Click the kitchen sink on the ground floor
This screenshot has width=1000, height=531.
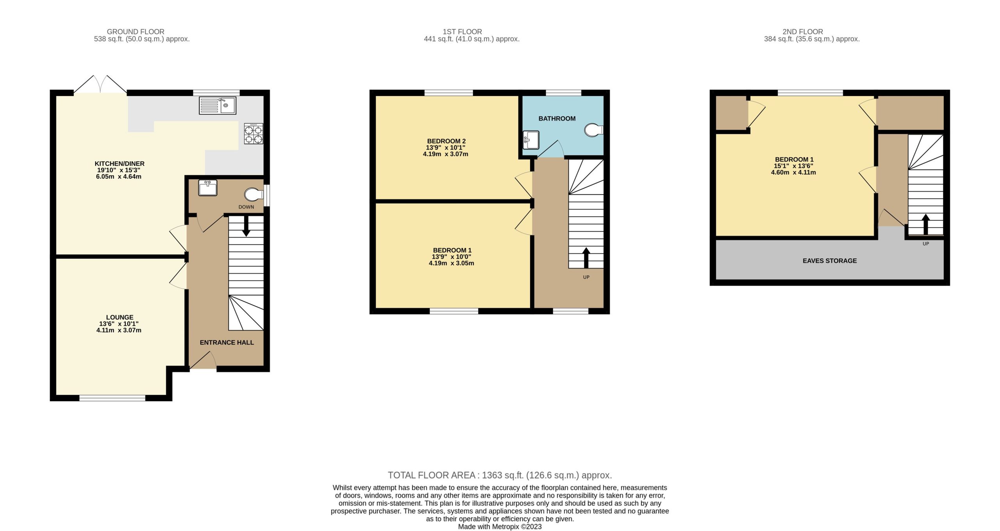[x=217, y=105]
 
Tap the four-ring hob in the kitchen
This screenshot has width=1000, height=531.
[x=254, y=134]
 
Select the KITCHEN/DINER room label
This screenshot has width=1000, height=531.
[x=120, y=164]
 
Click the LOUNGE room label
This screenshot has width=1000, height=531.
[x=120, y=317]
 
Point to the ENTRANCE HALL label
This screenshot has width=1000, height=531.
[x=227, y=342]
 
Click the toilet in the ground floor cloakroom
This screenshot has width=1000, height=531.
[x=254, y=194]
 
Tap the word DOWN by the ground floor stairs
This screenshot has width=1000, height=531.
[x=246, y=207]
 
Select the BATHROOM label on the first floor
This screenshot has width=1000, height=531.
[x=557, y=119]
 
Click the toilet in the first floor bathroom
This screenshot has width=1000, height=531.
[x=593, y=130]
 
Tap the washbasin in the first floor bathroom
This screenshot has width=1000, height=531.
[x=531, y=140]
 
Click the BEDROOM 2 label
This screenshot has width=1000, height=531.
[x=446, y=141]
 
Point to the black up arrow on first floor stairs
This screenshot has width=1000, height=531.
[x=586, y=258]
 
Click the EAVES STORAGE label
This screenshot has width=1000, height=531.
[x=830, y=261]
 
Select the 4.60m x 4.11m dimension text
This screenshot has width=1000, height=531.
[x=793, y=172]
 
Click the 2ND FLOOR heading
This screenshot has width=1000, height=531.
[x=802, y=32]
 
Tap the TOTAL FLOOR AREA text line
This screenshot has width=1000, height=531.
[x=500, y=475]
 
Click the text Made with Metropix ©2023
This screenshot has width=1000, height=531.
[x=500, y=527]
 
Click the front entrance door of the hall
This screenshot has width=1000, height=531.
[x=203, y=360]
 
